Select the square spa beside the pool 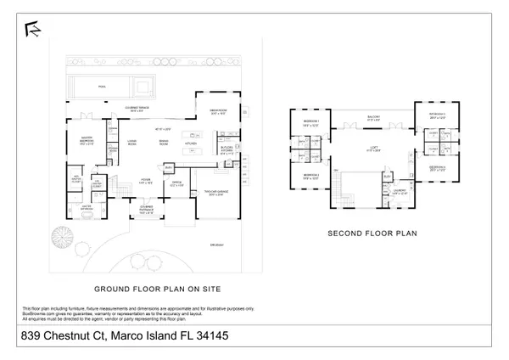[138, 87]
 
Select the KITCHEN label [191, 144]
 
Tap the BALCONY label [373, 118]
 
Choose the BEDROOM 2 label [310, 177]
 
